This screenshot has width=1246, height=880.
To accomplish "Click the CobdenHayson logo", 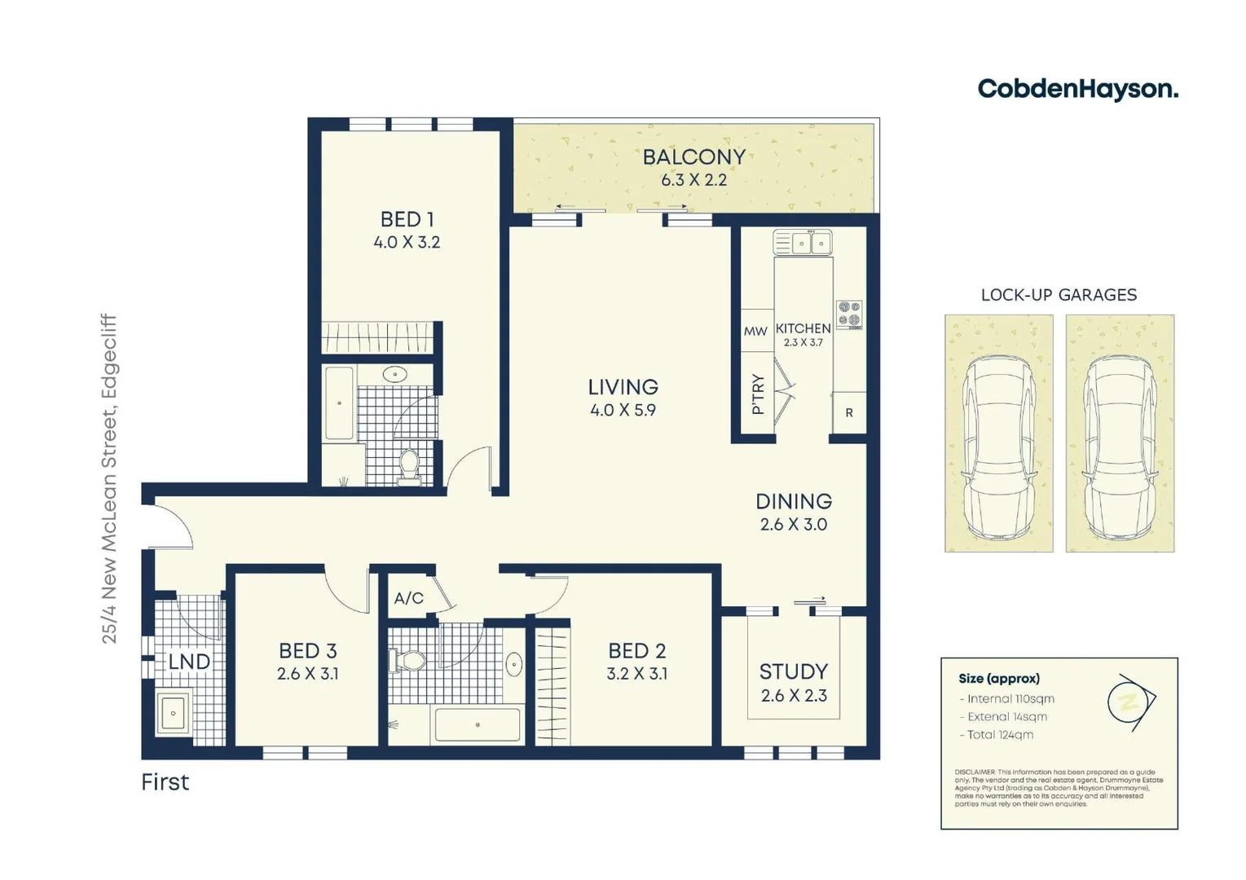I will tap(1077, 89).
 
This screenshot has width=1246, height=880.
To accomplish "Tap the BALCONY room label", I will tap(693, 157).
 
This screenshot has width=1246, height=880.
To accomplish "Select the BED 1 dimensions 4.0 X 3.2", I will tap(407, 242).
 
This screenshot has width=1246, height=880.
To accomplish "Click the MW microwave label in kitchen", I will tap(755, 331).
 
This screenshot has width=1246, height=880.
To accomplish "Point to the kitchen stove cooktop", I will tap(849, 314).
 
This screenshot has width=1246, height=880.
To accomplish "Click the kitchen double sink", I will tap(803, 243).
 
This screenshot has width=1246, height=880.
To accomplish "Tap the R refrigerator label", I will tap(848, 413).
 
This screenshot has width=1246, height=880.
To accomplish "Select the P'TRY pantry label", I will tap(758, 394).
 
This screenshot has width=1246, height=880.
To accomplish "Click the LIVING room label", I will tap(623, 387).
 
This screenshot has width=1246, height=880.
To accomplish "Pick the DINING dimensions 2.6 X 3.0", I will tap(793, 525).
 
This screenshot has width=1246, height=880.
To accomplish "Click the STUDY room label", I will tap(793, 671).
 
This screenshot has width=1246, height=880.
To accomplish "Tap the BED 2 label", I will tap(636, 651).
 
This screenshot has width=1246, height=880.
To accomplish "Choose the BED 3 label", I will tap(307, 651).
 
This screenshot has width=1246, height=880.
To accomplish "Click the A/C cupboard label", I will tap(408, 598).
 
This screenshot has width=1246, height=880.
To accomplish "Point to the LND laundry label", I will tap(189, 662).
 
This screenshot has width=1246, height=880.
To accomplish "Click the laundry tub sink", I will tap(173, 714).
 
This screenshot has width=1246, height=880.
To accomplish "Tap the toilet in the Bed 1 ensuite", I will tap(408, 465).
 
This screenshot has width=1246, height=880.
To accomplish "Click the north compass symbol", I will tap(1130, 702).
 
